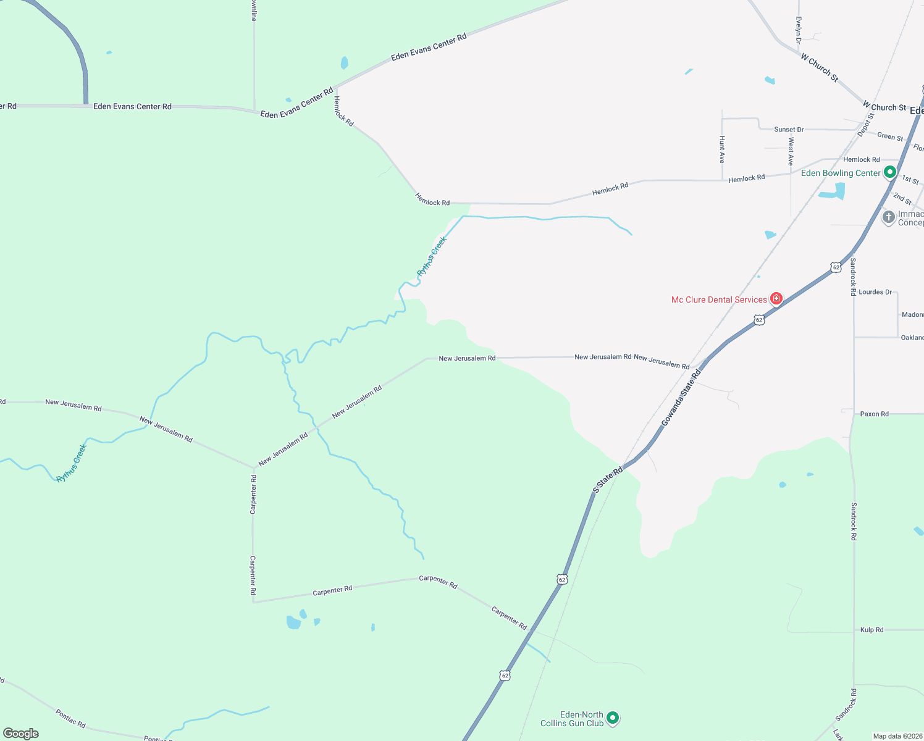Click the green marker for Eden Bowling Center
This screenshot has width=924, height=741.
(890, 172)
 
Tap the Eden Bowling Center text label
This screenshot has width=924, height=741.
(840, 174)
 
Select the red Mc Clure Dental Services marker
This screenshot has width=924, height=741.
(776, 299)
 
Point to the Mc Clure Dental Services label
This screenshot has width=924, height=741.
(719, 299)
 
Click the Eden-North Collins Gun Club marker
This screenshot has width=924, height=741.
(613, 718)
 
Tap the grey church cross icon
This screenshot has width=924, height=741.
(888, 217)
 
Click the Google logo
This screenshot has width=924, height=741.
(21, 734)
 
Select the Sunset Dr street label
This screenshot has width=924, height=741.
(789, 130)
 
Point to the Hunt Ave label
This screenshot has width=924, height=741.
(722, 149)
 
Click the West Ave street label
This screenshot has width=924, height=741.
(791, 151)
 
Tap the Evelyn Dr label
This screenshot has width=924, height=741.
(799, 30)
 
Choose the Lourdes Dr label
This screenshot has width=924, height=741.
(875, 292)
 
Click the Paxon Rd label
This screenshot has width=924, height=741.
(874, 414)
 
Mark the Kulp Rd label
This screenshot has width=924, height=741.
(871, 630)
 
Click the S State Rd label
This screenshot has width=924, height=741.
(608, 480)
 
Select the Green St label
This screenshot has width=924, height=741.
(890, 136)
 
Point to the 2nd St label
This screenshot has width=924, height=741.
(902, 198)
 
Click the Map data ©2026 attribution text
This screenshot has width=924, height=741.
(897, 736)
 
